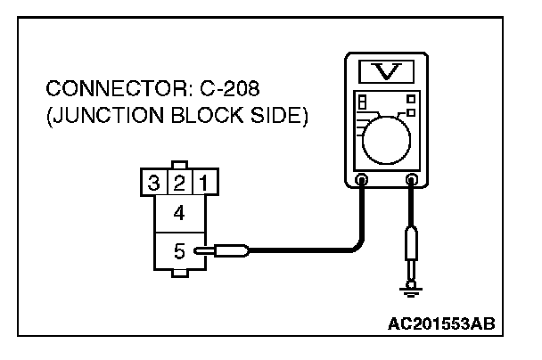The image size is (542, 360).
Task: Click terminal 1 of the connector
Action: click(203, 184)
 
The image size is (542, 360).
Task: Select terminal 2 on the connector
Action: click(179, 184)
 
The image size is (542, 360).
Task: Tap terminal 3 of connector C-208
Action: click(154, 184)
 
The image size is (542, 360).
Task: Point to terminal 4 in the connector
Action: click(179, 214)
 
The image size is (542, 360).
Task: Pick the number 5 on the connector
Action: click(179, 251)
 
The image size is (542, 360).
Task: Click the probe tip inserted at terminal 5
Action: click(203, 251)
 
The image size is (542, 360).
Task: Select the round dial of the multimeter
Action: click(386, 135)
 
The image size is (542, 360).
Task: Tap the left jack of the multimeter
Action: click(362, 180)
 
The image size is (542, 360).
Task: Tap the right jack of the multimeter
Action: click(411, 180)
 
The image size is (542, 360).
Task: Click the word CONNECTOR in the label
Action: click(98, 90)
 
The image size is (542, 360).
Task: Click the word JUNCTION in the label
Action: click(95, 118)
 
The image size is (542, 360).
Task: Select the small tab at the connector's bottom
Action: click(179, 275)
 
